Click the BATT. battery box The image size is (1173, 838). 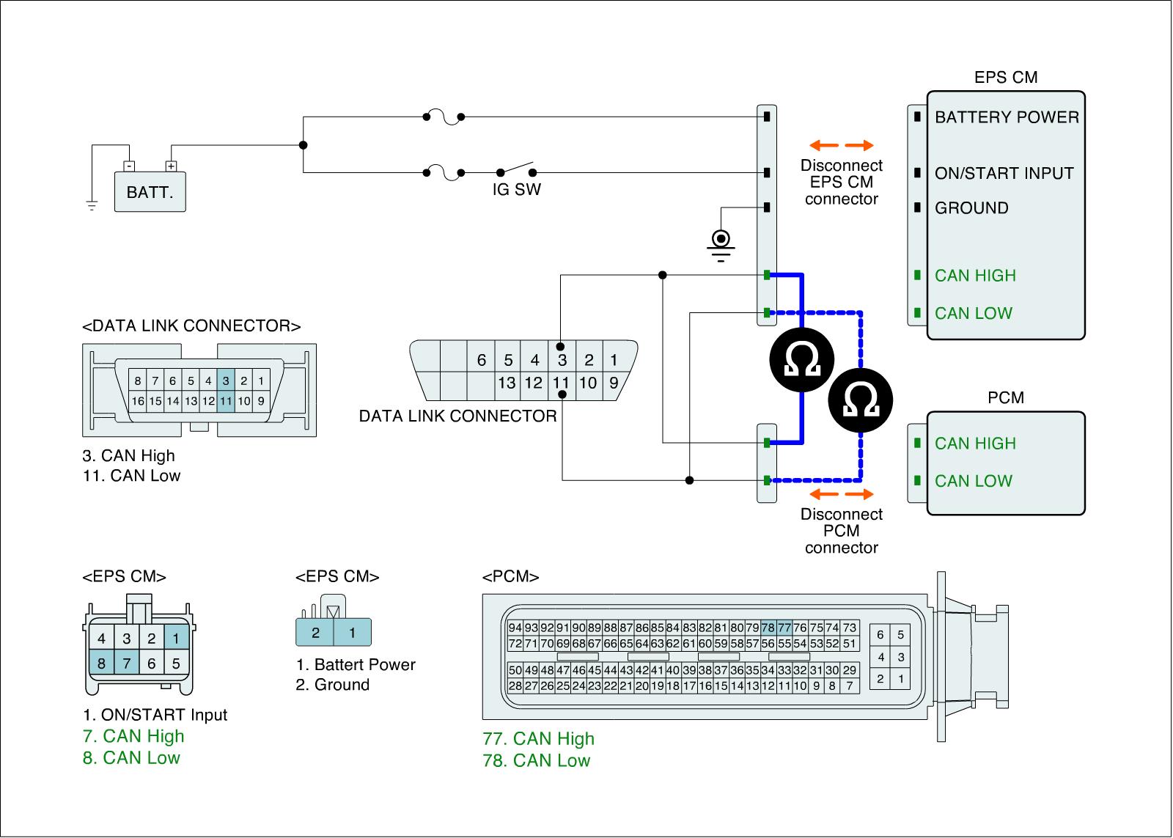click(x=150, y=192)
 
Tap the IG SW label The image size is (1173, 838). click(x=516, y=190)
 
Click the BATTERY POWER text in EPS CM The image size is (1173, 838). click(x=1007, y=117)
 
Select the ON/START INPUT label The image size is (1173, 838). click(x=1004, y=174)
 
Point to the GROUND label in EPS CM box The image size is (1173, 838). click(x=971, y=208)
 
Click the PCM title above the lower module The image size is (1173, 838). click(x=1006, y=398)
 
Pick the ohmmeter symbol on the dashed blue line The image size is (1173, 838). click(x=861, y=400)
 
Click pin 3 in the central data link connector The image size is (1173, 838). click(x=562, y=360)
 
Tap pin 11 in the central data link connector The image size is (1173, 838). click(x=561, y=383)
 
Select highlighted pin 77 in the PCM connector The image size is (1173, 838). click(x=784, y=628)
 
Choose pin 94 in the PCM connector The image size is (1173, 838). click(x=515, y=628)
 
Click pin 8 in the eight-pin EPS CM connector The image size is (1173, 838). click(x=102, y=664)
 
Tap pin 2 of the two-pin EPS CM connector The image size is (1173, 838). click(x=315, y=633)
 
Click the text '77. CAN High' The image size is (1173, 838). click(x=538, y=739)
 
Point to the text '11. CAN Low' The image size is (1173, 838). click(x=131, y=476)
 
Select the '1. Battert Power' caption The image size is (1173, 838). click(x=356, y=665)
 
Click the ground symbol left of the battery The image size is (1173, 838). click(x=92, y=205)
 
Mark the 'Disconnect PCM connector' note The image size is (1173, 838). click(x=841, y=531)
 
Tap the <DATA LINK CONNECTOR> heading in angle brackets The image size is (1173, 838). click(x=191, y=326)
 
